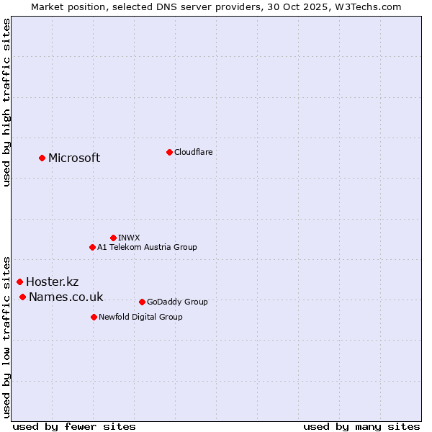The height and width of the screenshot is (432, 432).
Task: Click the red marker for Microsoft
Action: click(42, 158)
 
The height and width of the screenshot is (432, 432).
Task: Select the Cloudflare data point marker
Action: click(169, 152)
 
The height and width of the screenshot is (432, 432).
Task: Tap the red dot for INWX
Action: click(113, 238)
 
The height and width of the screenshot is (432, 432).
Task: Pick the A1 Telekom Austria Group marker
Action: click(92, 247)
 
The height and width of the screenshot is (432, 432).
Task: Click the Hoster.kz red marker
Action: click(19, 282)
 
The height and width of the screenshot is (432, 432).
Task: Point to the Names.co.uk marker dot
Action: click(22, 297)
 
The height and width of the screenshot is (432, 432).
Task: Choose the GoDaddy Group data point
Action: click(142, 302)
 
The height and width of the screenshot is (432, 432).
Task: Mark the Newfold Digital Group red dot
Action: click(94, 317)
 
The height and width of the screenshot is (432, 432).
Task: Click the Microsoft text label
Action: click(74, 158)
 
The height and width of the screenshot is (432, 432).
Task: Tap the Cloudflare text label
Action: click(193, 152)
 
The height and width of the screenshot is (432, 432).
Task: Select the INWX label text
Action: click(129, 238)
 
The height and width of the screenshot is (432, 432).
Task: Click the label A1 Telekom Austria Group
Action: click(147, 247)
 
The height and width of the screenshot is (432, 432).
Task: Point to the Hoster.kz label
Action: click(52, 282)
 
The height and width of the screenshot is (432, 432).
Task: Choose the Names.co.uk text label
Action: click(66, 297)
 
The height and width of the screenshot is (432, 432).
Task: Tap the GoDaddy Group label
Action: click(176, 302)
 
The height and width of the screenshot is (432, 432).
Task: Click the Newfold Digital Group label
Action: click(140, 317)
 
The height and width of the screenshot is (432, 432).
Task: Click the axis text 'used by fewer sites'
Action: click(74, 426)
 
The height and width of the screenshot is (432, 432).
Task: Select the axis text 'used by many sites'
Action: click(361, 426)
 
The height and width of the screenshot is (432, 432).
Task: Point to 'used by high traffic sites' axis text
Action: click(6, 102)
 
